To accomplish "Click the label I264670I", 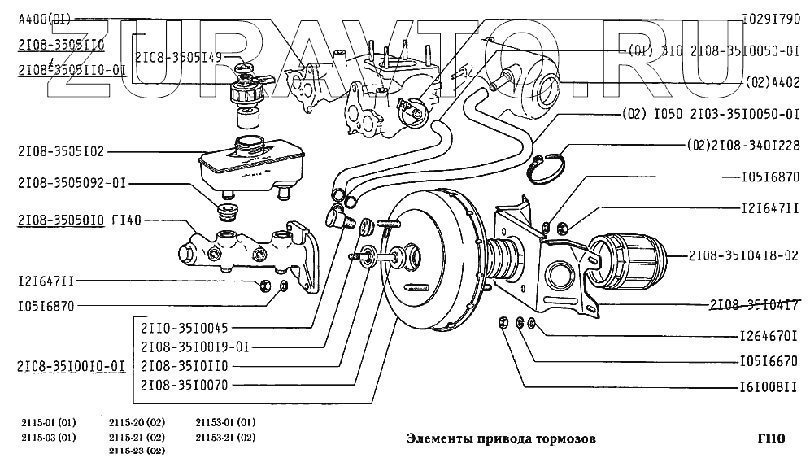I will (769, 334).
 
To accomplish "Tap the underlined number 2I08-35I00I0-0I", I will (71, 366).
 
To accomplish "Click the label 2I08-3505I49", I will (178, 58).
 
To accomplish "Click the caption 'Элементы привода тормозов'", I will (500, 438).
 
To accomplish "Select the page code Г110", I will (769, 438).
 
